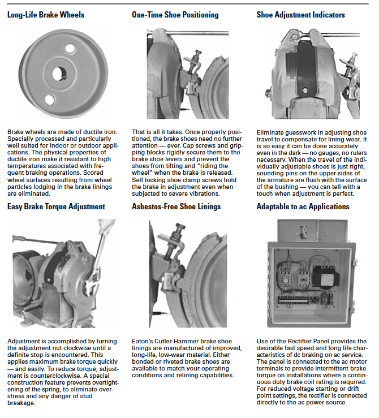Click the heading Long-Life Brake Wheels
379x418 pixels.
point(46,15)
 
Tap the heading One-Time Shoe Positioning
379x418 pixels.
point(175,15)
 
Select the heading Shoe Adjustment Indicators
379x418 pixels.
point(300,15)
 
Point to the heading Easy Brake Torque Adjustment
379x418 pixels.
point(56,206)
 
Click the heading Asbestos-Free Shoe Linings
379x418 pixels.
point(176,206)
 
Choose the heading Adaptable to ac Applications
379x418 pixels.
point(303,206)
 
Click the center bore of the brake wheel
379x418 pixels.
point(59,74)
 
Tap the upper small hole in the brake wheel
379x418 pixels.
point(70,49)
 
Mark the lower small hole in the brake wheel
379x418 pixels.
point(50,100)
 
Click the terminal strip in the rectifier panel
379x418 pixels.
point(294,300)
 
